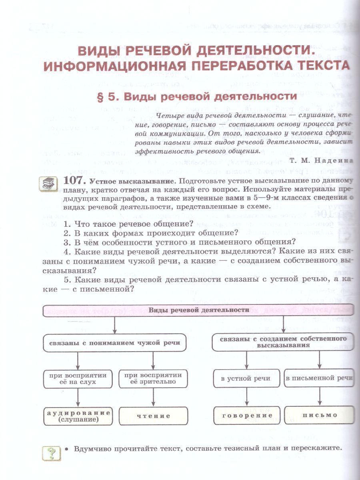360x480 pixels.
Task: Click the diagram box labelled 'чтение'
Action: coord(153,416)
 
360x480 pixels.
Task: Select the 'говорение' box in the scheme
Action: coord(247,415)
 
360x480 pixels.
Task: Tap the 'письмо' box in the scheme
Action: coord(320,415)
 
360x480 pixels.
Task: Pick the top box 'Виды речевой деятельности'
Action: coord(198,310)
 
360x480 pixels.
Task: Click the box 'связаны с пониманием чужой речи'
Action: coord(114,343)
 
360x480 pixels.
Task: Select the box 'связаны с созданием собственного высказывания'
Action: coord(284,342)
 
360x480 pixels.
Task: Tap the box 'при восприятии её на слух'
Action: coord(78,378)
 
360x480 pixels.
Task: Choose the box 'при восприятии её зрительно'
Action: coord(153,378)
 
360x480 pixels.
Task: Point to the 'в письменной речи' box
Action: coord(319,378)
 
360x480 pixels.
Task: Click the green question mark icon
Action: coord(51,454)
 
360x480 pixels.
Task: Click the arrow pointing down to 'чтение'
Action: coord(153,398)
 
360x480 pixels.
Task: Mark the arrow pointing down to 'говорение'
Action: coord(246,398)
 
